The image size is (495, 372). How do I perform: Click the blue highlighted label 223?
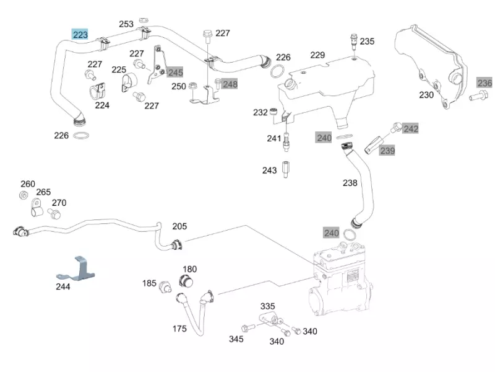pyautogui.click(x=80, y=35)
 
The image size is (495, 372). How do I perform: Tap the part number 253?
pyautogui.click(x=126, y=24)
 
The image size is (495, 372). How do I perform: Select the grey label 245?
pyautogui.click(x=176, y=73)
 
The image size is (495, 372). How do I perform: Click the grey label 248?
pyautogui.click(x=230, y=84)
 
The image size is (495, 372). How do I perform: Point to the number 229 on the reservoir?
pyautogui.click(x=317, y=55)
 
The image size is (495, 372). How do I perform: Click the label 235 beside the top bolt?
pyautogui.click(x=367, y=42)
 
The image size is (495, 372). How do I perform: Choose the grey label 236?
pyautogui.click(x=484, y=83)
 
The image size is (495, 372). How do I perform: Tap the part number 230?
pyautogui.click(x=426, y=95)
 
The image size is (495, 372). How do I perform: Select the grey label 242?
pyautogui.click(x=411, y=129)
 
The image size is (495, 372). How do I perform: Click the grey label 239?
pyautogui.click(x=387, y=150)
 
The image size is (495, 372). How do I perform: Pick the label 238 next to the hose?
pyautogui.click(x=350, y=183)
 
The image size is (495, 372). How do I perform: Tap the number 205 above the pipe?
pyautogui.click(x=179, y=226)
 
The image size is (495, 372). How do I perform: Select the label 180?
pyautogui.click(x=190, y=269)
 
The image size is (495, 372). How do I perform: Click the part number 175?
pyautogui.click(x=179, y=329)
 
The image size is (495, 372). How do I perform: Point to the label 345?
pyautogui.click(x=236, y=339)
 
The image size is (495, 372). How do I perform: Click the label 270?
pyautogui.click(x=59, y=203)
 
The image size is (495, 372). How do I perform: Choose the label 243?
pyautogui.click(x=269, y=170)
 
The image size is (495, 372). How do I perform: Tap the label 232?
pyautogui.click(x=260, y=112)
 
